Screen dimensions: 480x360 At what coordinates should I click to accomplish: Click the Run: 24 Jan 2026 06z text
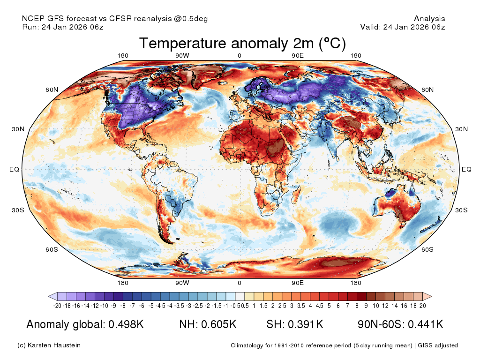(63, 27)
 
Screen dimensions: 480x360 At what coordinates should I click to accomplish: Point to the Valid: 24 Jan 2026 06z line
(403, 27)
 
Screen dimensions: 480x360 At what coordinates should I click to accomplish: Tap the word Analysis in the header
(429, 19)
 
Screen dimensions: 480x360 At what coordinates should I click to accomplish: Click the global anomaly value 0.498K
(126, 324)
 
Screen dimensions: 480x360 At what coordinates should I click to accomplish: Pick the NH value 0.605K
(219, 324)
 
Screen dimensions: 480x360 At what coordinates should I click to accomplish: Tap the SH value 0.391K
(306, 324)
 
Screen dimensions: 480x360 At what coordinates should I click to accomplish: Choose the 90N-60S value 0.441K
(426, 324)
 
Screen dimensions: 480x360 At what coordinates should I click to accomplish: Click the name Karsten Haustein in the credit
(54, 345)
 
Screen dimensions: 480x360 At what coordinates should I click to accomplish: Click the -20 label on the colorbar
(57, 306)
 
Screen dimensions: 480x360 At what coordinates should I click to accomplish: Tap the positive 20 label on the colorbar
(423, 306)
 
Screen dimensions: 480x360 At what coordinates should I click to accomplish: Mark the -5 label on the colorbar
(151, 306)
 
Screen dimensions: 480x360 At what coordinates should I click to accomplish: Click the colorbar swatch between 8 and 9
(361, 296)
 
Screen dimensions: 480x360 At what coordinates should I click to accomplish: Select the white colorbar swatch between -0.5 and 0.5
(240, 296)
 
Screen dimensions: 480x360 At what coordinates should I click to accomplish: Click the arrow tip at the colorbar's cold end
(48, 296)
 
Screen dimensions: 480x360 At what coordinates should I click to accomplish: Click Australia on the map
(397, 206)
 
